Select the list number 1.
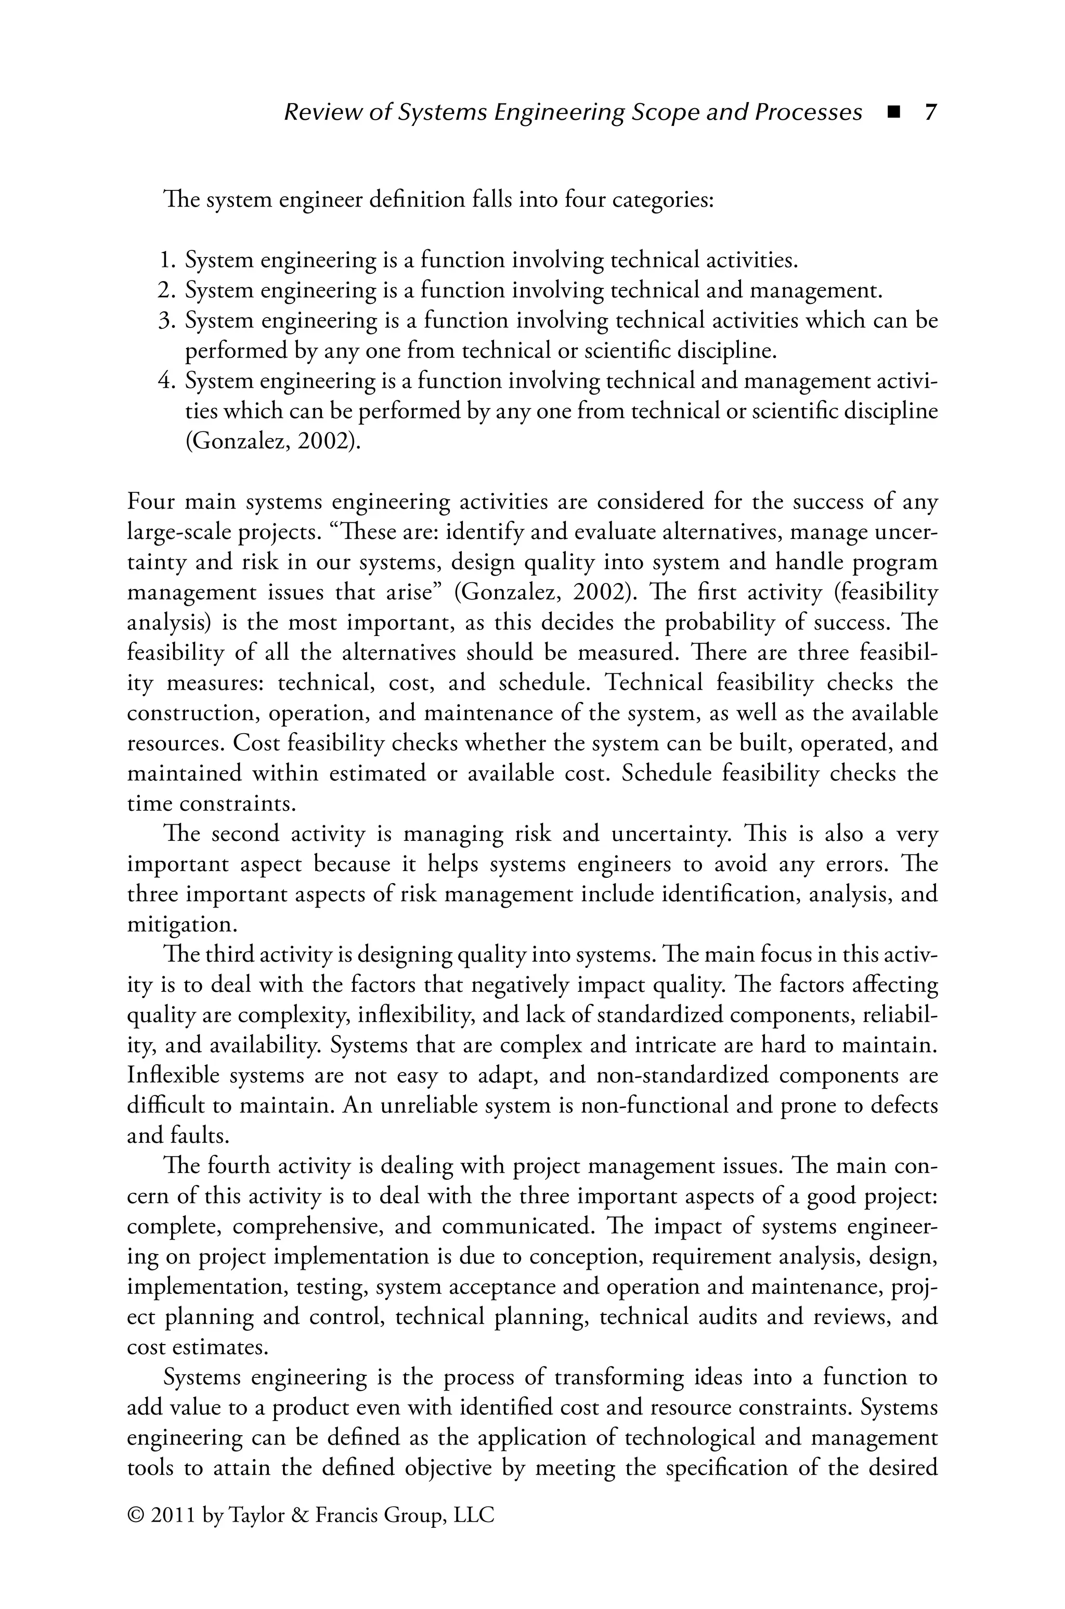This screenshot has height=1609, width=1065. coord(167,260)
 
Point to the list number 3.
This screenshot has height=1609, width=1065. coord(166,321)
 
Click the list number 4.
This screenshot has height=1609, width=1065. coord(166,381)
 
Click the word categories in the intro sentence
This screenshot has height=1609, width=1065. coord(662,201)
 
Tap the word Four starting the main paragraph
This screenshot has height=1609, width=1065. coord(151,502)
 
